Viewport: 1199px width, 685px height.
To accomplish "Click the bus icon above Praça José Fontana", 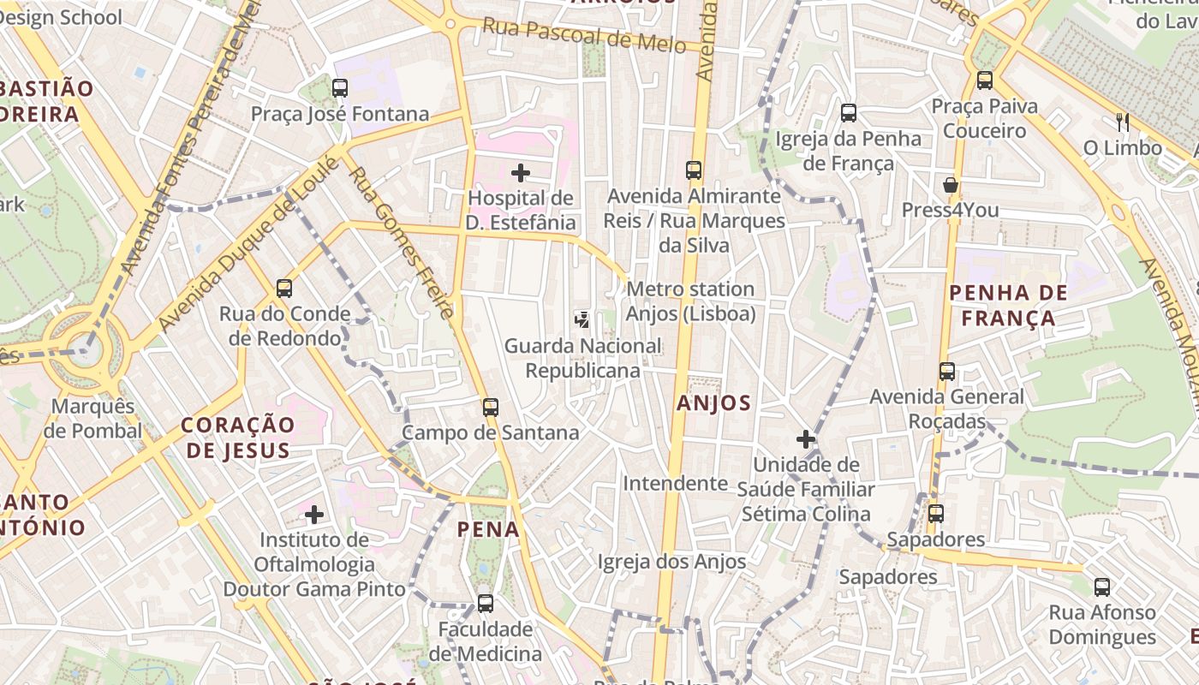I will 340,87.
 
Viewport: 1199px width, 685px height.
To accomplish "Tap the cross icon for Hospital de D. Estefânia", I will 520,173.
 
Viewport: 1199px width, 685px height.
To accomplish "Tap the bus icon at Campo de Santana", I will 490,407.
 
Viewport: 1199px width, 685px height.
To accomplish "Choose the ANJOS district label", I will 713,402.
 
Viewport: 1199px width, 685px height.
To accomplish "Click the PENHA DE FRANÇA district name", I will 1008,306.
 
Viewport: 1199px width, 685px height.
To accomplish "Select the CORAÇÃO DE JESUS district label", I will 237,437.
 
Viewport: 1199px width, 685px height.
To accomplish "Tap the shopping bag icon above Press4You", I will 950,185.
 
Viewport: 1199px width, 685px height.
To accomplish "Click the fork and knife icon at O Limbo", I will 1123,122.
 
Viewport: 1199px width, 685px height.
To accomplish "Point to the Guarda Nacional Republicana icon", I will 582,320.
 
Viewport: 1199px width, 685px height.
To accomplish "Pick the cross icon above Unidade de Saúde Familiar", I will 805,439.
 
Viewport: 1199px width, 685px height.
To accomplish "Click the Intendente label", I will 675,483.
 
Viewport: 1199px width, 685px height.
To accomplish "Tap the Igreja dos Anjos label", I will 671,562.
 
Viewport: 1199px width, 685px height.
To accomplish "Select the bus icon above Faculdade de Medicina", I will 485,604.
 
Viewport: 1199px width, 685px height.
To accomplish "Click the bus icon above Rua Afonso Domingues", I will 1102,587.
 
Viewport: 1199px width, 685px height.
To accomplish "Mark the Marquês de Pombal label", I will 92,418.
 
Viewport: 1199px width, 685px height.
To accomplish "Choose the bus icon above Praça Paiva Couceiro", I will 985,80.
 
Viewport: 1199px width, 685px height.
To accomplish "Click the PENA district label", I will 488,529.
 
